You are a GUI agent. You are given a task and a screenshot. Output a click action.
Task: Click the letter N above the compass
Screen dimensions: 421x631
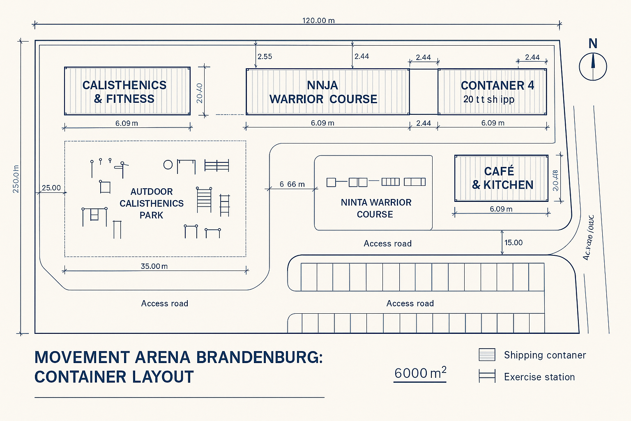click(593, 44)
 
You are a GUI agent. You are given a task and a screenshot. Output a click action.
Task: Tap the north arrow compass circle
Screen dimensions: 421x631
click(593, 66)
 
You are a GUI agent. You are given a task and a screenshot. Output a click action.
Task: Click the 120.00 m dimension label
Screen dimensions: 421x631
click(318, 21)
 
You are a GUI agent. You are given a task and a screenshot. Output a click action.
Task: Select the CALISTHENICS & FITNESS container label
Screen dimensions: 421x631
click(124, 92)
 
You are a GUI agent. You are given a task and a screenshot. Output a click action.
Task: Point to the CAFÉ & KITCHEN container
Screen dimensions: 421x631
click(501, 178)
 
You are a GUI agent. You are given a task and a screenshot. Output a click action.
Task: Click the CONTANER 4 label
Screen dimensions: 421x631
click(497, 86)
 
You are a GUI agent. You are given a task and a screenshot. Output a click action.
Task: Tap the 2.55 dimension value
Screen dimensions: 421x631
click(265, 57)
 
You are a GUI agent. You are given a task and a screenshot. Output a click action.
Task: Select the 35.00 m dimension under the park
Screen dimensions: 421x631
click(154, 266)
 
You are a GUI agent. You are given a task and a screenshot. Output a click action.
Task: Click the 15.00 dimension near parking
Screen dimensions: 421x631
click(514, 243)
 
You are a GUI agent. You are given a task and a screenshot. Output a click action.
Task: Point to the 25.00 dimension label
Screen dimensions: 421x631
click(51, 188)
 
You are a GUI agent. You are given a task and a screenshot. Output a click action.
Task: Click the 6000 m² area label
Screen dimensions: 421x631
click(420, 373)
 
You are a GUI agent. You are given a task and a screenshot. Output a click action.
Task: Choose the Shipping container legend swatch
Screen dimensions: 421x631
click(487, 355)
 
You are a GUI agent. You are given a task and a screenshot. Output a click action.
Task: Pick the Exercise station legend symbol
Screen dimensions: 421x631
click(487, 376)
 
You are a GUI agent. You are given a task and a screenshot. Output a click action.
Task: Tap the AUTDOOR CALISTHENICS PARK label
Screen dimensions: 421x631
click(152, 204)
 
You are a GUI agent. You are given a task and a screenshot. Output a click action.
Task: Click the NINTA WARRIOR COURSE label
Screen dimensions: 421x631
click(375, 208)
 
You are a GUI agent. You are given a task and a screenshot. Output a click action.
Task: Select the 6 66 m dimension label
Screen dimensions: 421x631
click(292, 184)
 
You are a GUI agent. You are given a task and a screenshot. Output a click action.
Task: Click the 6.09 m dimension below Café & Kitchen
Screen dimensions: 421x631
click(501, 209)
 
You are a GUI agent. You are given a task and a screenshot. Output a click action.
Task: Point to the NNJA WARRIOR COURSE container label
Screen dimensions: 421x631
click(323, 92)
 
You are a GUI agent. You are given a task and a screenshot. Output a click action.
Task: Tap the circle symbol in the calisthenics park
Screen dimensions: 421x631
click(168, 165)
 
